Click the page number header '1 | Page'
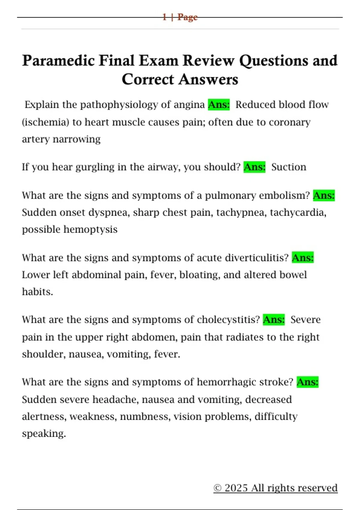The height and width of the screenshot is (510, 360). pyautogui.click(x=180, y=17)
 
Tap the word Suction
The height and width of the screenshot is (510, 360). pyautogui.click(x=289, y=167)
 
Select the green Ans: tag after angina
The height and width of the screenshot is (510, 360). pyautogui.click(x=219, y=105)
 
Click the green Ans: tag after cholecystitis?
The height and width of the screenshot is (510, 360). pyautogui.click(x=274, y=320)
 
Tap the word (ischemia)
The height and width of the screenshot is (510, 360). pyautogui.click(x=46, y=122)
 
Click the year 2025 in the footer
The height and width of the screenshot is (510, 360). pyautogui.click(x=236, y=488)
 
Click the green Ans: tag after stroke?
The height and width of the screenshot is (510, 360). pyautogui.click(x=307, y=382)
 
